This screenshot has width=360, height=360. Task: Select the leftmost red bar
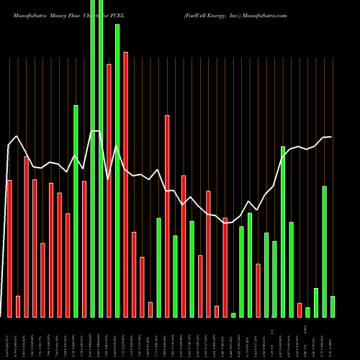9,248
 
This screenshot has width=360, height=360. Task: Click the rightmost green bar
333,306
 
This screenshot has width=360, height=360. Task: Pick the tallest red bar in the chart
126,184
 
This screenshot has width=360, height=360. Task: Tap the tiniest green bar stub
233,315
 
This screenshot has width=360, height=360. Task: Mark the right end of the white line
331,137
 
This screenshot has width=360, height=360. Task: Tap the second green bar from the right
325,251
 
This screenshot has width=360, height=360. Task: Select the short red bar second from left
18,306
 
